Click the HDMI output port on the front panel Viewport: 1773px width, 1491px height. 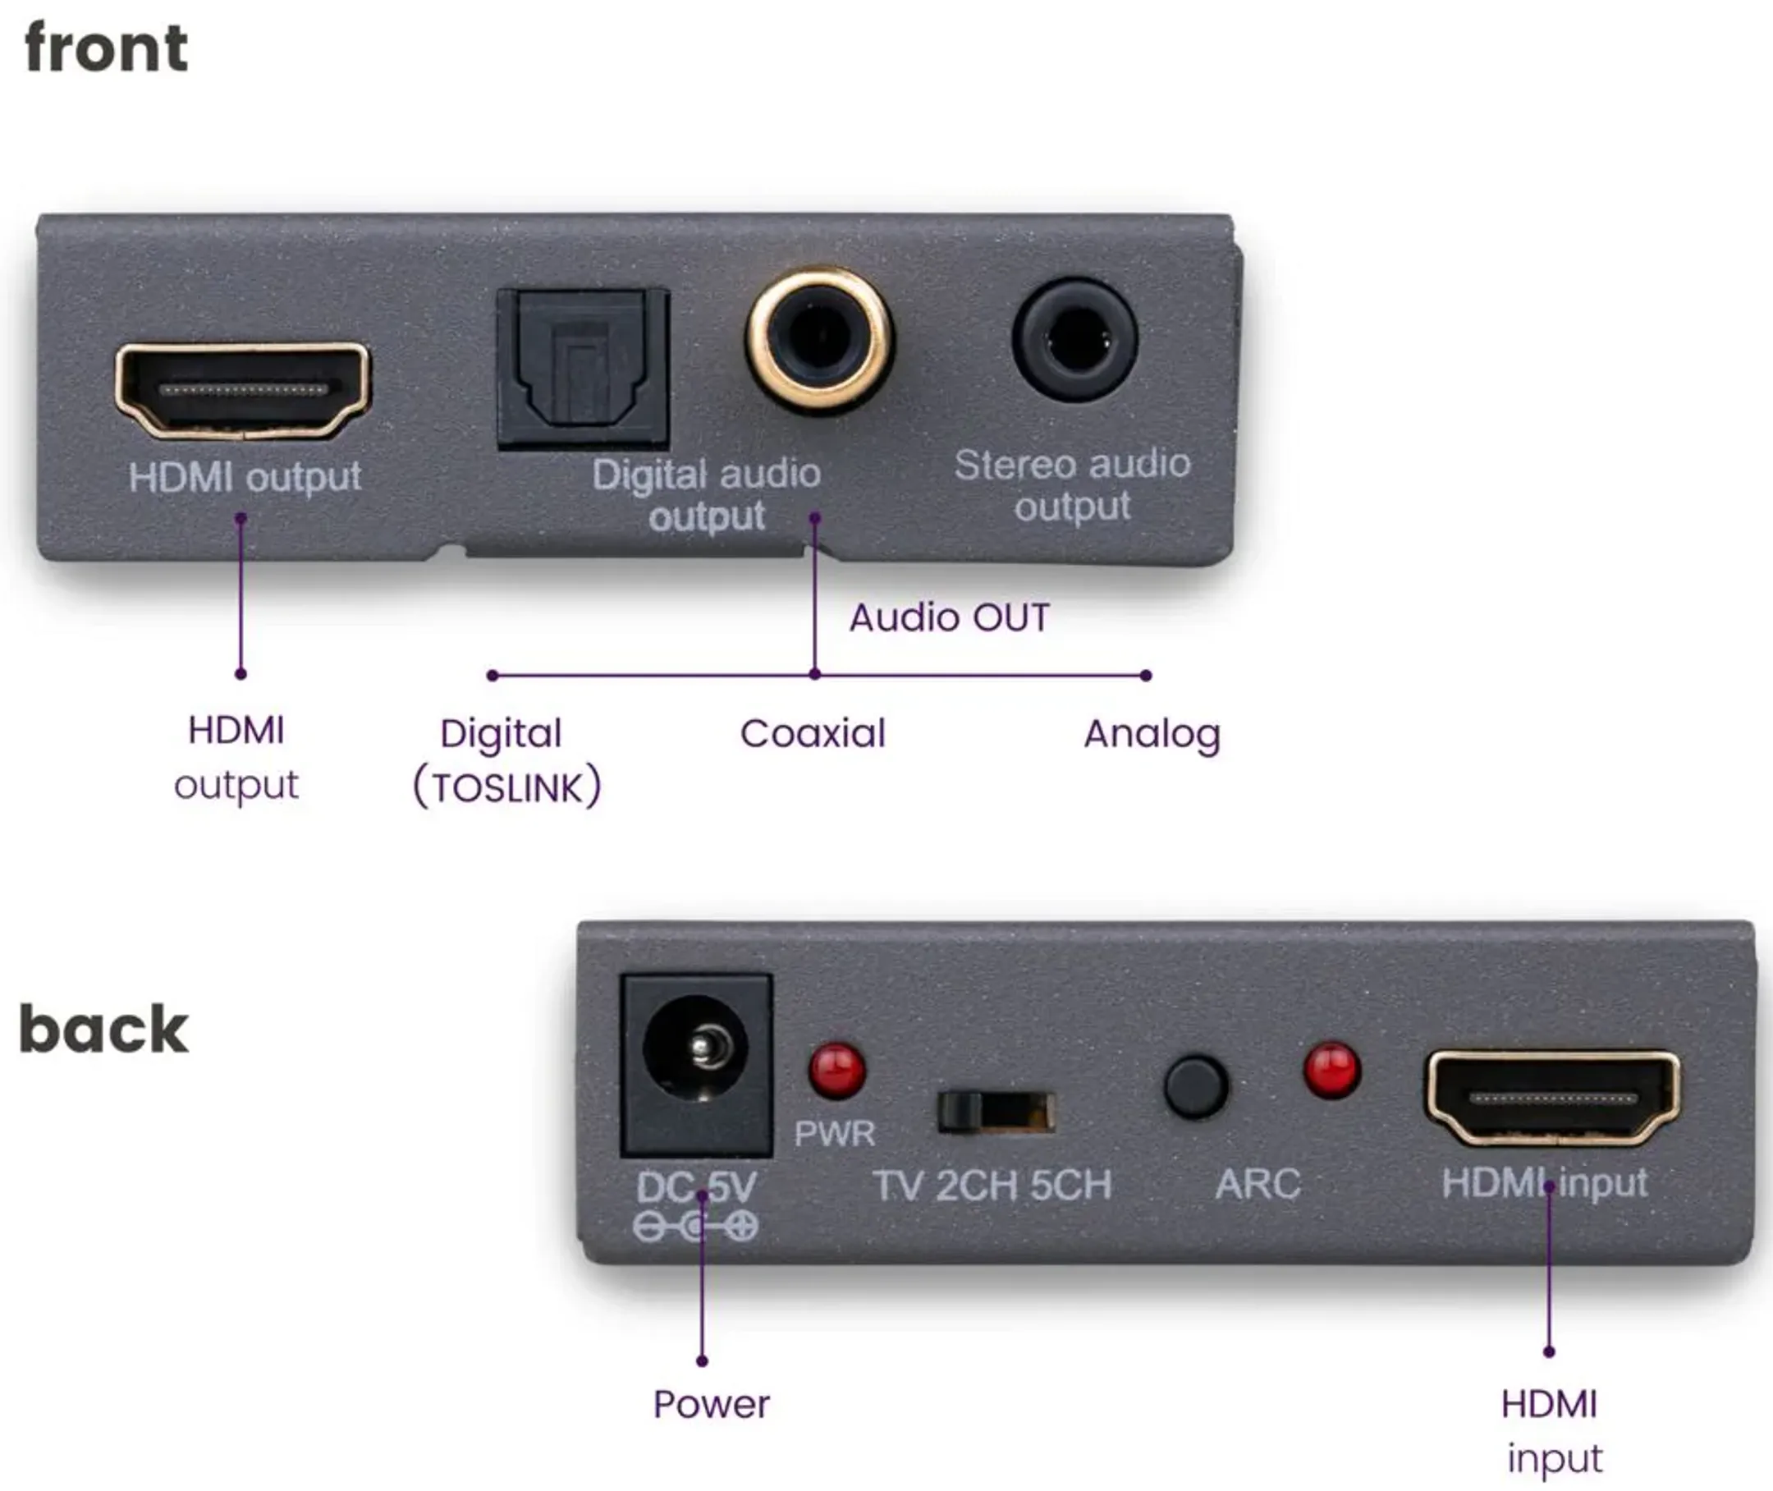point(242,391)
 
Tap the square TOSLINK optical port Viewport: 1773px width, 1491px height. point(583,369)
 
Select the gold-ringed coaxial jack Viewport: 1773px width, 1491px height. point(818,340)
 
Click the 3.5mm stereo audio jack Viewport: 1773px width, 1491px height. point(1074,340)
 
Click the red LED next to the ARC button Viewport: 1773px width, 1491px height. point(1332,1070)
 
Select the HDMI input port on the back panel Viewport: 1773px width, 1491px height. point(1552,1099)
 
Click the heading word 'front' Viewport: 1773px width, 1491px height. point(107,49)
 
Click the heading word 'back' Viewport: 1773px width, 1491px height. point(103,1030)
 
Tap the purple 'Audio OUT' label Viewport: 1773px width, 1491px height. point(949,618)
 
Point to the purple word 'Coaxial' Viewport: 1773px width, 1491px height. point(812,734)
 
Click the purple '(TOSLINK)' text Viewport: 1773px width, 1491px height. point(507,787)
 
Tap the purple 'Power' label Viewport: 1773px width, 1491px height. point(711,1404)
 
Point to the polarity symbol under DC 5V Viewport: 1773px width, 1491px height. point(695,1226)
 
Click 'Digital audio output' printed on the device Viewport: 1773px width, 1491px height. point(707,494)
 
